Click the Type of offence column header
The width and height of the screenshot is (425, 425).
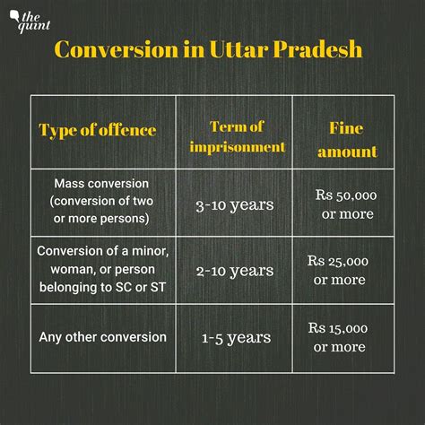[x=98, y=130]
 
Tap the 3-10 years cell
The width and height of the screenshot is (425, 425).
[x=235, y=205]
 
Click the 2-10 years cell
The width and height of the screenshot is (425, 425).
[x=235, y=270]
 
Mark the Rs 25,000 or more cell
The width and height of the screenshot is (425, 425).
[x=338, y=270]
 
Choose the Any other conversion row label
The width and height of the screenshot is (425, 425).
[x=102, y=337]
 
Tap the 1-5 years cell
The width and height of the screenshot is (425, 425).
[x=235, y=338]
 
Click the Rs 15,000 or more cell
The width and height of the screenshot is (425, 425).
[x=338, y=337]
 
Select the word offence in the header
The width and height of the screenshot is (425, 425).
[x=126, y=130]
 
